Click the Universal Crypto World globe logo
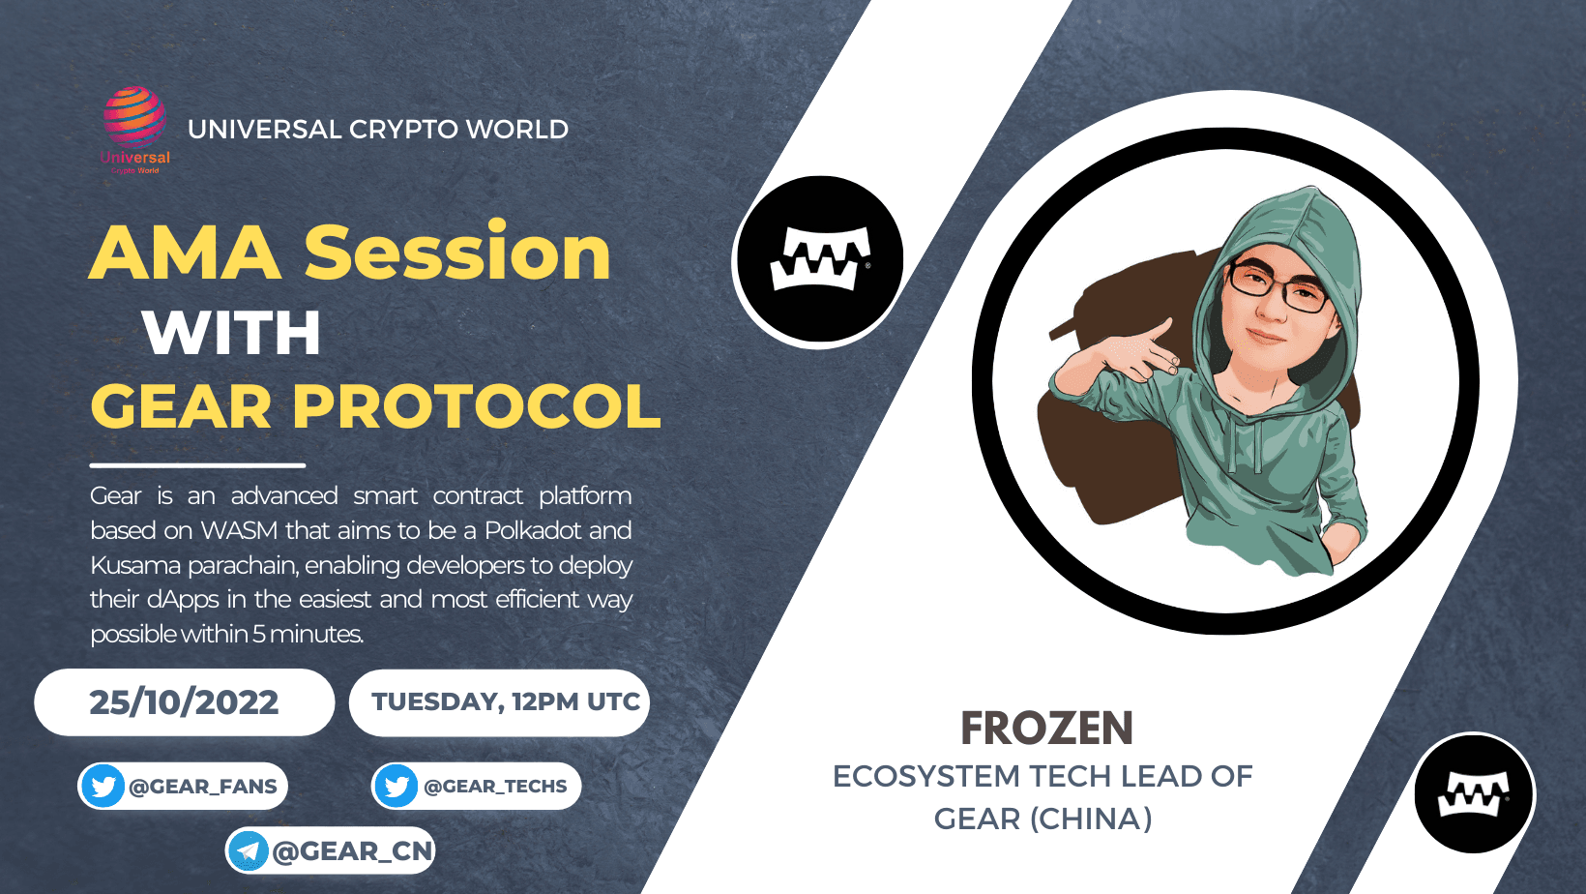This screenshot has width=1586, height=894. pos(134,130)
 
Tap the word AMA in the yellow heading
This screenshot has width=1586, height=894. pos(186,253)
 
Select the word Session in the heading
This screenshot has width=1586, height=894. pos(457,251)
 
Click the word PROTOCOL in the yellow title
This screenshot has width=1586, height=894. pos(477,406)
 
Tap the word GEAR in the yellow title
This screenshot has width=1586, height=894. pos(181,406)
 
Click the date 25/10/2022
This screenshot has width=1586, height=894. pos(184,702)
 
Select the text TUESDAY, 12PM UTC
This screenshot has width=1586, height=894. pos(506,702)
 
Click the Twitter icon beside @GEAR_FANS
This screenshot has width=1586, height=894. pos(103,787)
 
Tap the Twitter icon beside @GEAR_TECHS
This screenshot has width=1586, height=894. pos(396,787)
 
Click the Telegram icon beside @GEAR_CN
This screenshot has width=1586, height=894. pos(249,850)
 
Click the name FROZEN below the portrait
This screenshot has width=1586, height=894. pos(1046,729)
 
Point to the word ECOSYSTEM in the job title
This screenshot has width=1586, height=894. pos(927,777)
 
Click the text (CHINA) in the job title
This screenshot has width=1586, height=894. pos(1091,819)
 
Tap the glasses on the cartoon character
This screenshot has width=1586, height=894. pos(1278,287)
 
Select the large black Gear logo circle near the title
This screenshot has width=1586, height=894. pos(819,260)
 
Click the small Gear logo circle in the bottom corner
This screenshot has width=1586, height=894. pos(1474,793)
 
